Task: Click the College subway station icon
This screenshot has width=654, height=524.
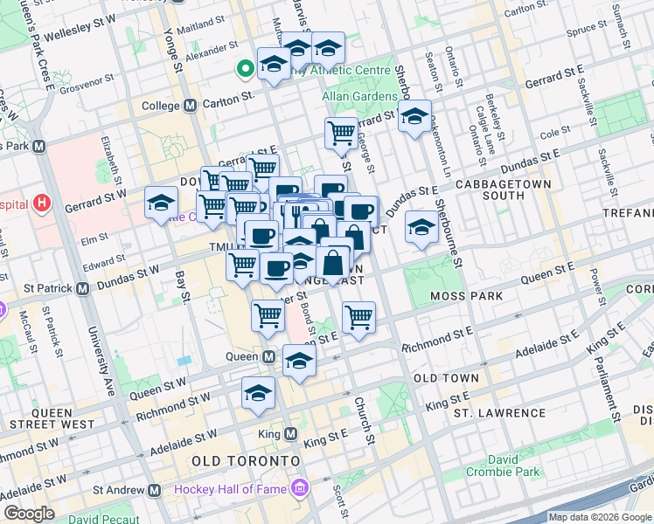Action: click(x=190, y=106)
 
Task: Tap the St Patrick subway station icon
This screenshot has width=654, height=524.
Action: click(x=83, y=287)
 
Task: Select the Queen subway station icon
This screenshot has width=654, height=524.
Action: click(x=269, y=356)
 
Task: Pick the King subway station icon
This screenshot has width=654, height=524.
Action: click(x=291, y=433)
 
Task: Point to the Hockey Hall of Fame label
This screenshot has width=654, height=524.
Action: click(x=232, y=488)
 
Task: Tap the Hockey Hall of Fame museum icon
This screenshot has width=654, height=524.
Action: click(x=301, y=486)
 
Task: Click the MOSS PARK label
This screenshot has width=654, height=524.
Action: click(x=467, y=296)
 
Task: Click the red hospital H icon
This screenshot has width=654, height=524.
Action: click(x=42, y=204)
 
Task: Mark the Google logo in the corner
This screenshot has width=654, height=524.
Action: click(x=30, y=514)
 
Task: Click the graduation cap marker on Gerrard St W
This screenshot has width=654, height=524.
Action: click(x=161, y=204)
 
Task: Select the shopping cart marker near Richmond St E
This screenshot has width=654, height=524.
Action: click(x=358, y=317)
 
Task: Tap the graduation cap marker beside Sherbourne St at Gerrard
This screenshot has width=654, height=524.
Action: click(x=414, y=117)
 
